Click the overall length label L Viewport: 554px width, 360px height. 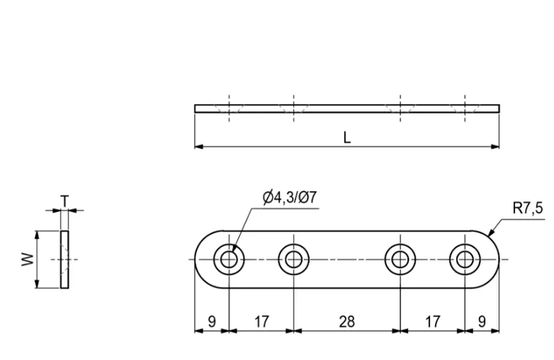(347, 138)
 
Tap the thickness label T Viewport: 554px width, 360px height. (65, 201)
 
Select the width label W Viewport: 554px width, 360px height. (27, 259)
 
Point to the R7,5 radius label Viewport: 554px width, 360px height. (527, 208)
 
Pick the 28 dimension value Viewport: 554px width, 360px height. (347, 322)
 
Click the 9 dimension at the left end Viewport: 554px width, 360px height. (211, 322)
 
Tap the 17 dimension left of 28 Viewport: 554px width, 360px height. (261, 322)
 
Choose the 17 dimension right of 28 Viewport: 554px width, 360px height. (432, 322)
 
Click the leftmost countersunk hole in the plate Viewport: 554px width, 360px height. (229, 259)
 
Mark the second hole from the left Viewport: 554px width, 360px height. (294, 259)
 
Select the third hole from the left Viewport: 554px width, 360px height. (400, 259)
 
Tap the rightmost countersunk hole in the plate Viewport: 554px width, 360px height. (465, 259)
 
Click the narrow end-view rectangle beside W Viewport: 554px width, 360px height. (66, 259)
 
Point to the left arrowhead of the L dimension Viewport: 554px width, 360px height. (198, 147)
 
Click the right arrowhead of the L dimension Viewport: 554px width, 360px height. (496, 147)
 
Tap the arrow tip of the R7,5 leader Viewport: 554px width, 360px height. (490, 235)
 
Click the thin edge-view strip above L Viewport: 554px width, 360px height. (347, 109)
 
